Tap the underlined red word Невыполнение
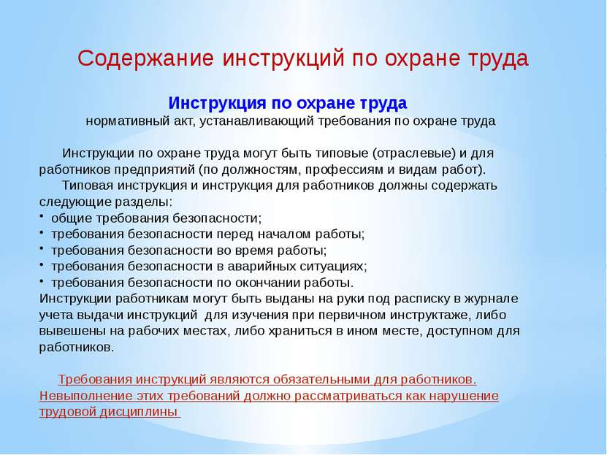tap(80, 396)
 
